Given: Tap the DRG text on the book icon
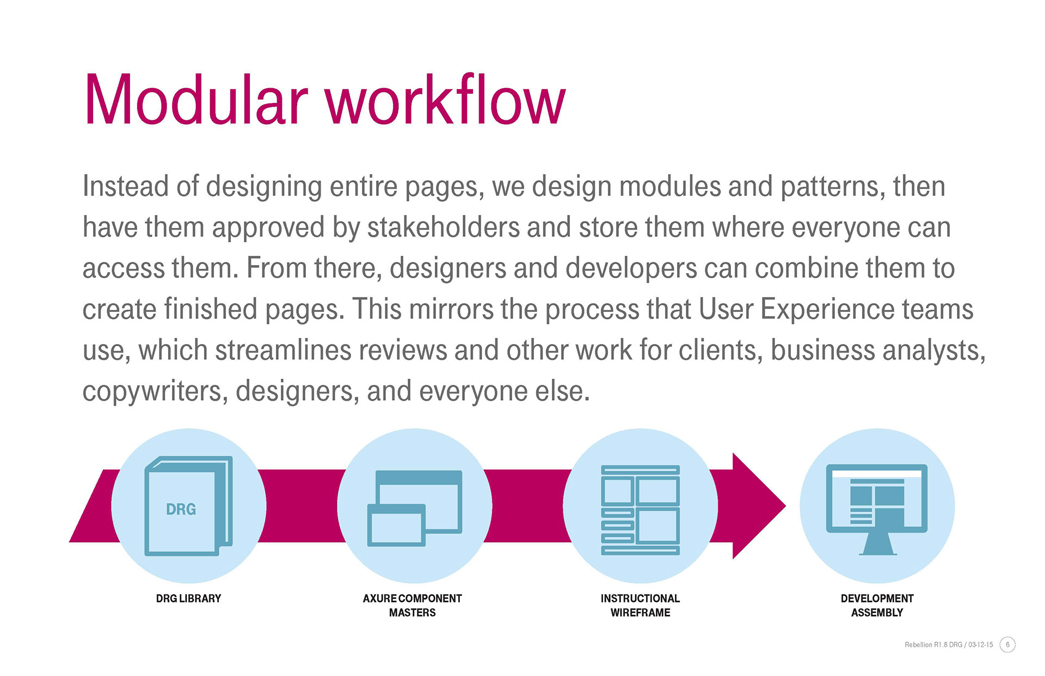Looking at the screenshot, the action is click(x=181, y=509).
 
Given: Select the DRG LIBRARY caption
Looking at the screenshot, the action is click(x=188, y=599).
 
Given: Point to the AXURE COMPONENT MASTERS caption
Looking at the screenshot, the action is click(x=412, y=605).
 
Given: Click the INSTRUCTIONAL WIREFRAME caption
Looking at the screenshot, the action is click(x=640, y=605).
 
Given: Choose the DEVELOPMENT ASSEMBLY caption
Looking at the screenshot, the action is click(x=877, y=605).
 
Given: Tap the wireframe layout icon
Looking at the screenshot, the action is click(x=640, y=510).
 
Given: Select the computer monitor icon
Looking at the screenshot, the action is click(x=877, y=509).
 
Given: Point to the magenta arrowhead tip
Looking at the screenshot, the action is click(x=785, y=506).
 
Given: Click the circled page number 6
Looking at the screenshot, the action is click(x=1007, y=644).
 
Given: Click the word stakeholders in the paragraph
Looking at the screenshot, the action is click(x=444, y=227).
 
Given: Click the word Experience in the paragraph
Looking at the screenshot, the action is click(x=827, y=310).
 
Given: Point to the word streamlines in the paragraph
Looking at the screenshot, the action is click(x=284, y=349).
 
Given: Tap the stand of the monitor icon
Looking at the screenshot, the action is click(x=877, y=544).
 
